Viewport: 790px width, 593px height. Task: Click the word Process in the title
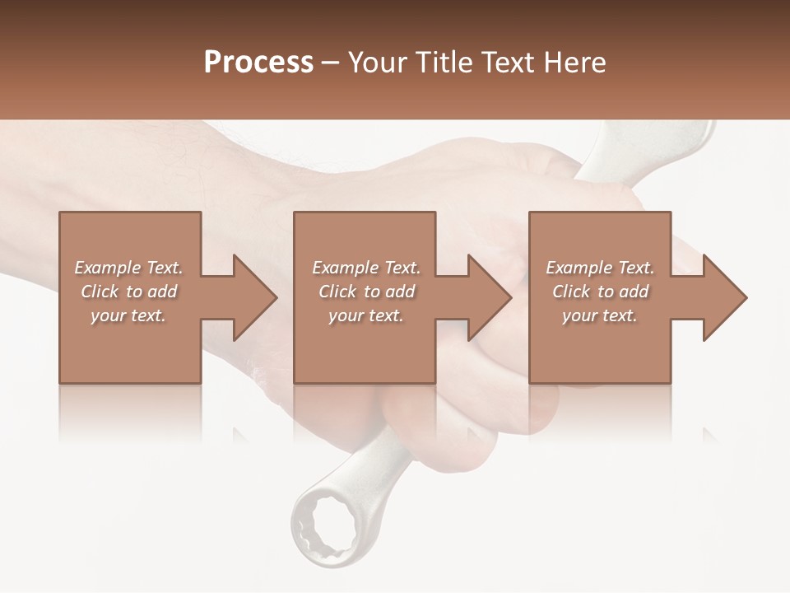pyautogui.click(x=258, y=63)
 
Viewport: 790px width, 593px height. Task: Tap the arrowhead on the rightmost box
pyautogui.click(x=723, y=297)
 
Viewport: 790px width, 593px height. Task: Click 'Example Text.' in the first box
pyautogui.click(x=128, y=268)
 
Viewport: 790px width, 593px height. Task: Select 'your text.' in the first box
pyautogui.click(x=128, y=315)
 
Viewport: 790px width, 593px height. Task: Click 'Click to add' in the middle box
pyautogui.click(x=366, y=292)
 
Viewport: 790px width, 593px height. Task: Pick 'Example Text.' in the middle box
pyautogui.click(x=366, y=268)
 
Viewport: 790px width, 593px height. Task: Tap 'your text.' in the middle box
pyautogui.click(x=366, y=315)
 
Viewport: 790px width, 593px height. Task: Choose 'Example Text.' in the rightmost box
pyautogui.click(x=600, y=268)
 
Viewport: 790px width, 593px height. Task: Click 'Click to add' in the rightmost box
pyautogui.click(x=600, y=292)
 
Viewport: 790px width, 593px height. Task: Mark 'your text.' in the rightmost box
pyautogui.click(x=600, y=315)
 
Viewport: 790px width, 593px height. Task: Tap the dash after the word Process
pyautogui.click(x=331, y=63)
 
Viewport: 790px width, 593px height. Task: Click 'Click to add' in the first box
pyautogui.click(x=128, y=292)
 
